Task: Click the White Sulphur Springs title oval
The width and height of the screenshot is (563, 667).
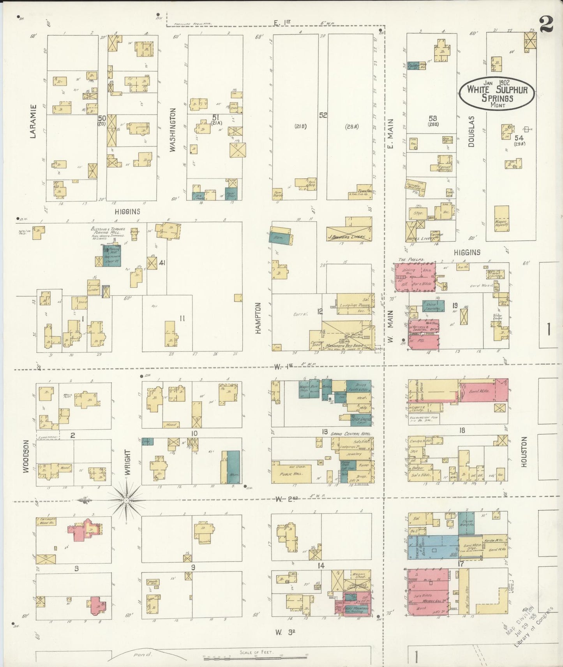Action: point(496,93)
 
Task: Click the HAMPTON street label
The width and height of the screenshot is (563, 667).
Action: point(257,318)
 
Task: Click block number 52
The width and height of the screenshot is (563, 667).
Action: point(323,115)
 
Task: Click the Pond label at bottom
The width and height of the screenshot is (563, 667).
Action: point(139,655)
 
